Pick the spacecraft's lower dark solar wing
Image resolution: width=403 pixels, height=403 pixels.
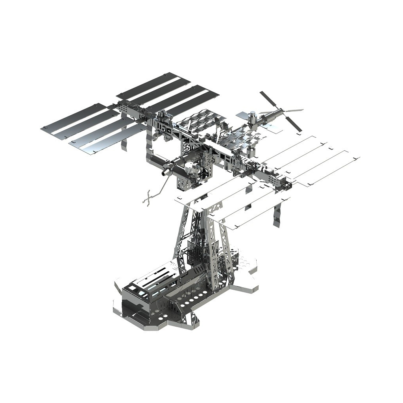(294, 124)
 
